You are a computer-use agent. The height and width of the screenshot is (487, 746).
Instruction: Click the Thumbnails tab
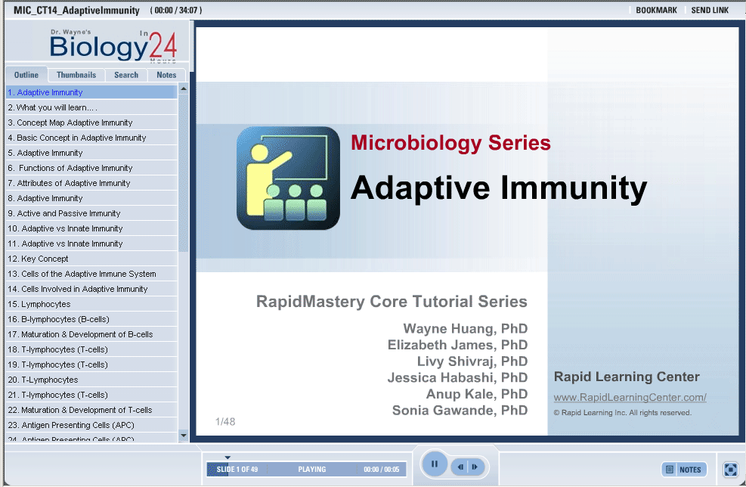click(x=76, y=75)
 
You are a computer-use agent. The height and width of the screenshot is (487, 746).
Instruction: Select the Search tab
click(x=126, y=75)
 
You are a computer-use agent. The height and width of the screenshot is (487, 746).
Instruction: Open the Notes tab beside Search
click(x=166, y=75)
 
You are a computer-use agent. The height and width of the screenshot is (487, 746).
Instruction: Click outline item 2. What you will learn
click(x=52, y=107)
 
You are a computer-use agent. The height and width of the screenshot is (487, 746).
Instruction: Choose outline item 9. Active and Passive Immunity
click(x=63, y=213)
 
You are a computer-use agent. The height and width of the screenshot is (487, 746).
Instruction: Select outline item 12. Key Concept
click(x=38, y=259)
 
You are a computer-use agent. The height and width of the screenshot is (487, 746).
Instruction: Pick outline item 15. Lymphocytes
click(x=39, y=304)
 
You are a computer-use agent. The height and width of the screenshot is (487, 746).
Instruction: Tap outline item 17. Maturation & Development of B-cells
click(x=80, y=334)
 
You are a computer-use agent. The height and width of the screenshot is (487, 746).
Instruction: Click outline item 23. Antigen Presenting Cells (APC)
click(x=71, y=425)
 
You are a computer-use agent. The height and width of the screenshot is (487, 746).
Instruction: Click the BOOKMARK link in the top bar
click(x=656, y=10)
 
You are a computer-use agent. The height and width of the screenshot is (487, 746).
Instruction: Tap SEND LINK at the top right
click(x=710, y=10)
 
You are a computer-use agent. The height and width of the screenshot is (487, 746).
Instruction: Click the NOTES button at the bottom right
click(x=684, y=470)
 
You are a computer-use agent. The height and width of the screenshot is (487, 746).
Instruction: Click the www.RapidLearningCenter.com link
click(x=630, y=397)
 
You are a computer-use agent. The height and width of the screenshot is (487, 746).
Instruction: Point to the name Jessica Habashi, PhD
click(x=457, y=377)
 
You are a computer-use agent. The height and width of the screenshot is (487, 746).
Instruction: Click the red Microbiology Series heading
click(x=450, y=143)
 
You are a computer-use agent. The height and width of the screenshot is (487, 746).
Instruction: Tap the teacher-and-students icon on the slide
click(x=288, y=178)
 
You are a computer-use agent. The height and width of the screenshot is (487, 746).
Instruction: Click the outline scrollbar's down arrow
click(x=184, y=435)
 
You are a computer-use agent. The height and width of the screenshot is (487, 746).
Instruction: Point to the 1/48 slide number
click(x=225, y=421)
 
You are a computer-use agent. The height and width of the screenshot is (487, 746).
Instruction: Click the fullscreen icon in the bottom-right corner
click(x=730, y=470)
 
